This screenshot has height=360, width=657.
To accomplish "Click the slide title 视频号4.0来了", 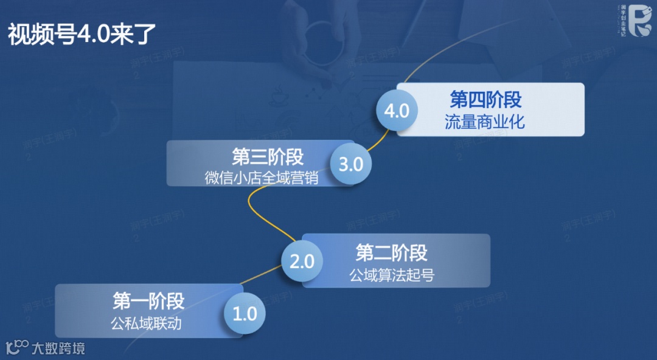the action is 82,35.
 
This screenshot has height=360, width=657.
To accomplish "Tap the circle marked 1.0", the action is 245,314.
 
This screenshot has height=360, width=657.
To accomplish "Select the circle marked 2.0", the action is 302,262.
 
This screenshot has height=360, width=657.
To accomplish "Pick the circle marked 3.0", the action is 351,164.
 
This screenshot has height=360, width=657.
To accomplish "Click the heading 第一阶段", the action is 148,301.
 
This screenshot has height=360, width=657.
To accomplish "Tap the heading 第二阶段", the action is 392,252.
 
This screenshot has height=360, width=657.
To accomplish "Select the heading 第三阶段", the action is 268,157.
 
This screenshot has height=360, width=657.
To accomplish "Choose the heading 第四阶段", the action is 485,99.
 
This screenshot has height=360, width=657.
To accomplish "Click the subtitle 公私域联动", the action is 146,323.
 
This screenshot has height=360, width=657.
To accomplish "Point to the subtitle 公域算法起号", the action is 392,275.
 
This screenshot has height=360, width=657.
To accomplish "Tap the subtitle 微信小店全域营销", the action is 262,178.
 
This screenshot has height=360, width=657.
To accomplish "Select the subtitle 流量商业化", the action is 484,122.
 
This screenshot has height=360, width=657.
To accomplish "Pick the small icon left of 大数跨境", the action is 17,347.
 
